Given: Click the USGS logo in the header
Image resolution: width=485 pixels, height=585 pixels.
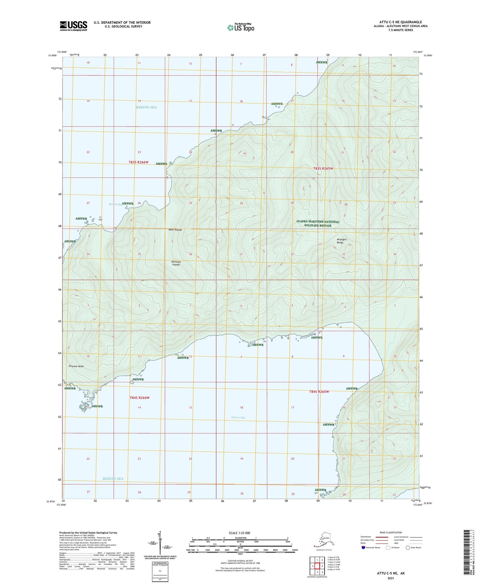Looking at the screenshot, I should point(74,26).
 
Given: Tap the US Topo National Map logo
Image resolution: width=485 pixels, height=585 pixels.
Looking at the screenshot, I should point(240,27).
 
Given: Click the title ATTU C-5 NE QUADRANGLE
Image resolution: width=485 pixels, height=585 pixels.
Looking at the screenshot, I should point(398,22).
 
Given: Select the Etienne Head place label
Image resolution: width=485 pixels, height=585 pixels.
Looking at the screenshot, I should point(76,366).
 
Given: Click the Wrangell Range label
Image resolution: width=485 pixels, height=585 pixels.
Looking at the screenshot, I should point(342,241).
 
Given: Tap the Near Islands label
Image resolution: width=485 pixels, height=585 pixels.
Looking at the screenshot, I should point(175,230).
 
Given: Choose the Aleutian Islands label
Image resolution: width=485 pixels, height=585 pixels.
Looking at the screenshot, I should point(176,263).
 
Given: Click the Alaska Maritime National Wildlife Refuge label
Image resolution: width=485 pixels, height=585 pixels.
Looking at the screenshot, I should point(318,223).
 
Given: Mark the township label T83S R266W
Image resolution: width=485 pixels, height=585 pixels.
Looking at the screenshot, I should point(138,162).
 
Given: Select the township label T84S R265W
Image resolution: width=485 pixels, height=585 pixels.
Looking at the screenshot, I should point(319,392).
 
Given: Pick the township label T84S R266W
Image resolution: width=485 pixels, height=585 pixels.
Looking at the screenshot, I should point(139,398).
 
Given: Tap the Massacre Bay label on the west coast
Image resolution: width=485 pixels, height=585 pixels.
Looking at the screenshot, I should point(115,204).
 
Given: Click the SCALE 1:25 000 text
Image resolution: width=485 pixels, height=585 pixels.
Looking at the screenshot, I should point(240,533).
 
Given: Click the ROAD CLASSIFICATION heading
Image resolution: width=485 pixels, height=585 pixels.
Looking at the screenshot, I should point(390,532).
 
